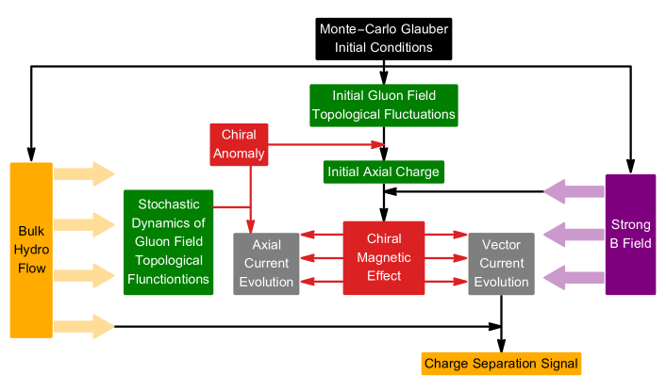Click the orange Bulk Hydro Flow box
(x=31, y=250)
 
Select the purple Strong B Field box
(x=630, y=234)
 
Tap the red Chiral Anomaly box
(x=239, y=144)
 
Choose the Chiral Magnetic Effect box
(x=384, y=256)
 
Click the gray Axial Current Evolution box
(x=266, y=263)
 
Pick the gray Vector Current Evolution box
(x=501, y=263)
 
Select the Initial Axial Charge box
(x=383, y=171)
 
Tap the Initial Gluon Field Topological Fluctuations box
(x=383, y=106)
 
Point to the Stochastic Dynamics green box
(x=167, y=242)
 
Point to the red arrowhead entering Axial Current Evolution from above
(x=250, y=225)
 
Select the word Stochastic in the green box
(x=168, y=204)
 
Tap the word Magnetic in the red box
(x=384, y=257)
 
